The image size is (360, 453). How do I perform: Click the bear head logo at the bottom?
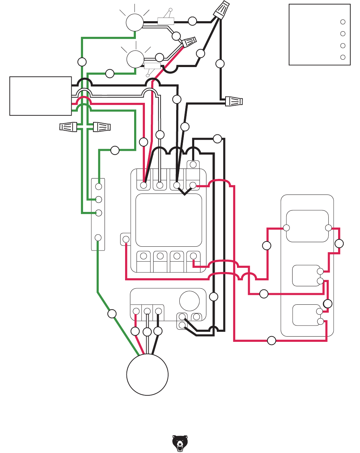pos(180,443)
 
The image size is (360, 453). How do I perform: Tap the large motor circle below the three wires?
pos(147,374)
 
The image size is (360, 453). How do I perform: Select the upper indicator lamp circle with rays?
pos(134,23)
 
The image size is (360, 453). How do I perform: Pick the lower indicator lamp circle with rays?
pos(135,59)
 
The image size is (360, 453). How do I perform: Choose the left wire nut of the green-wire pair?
pos(68,127)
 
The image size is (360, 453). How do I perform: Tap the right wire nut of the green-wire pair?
pos(102,127)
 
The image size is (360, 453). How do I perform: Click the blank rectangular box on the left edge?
pos(41,96)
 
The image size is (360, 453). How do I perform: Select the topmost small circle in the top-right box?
pos(343,22)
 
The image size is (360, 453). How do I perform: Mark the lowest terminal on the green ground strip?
pos(98,238)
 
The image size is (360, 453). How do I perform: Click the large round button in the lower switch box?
pos(189,301)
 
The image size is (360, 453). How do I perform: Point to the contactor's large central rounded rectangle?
pos(169,220)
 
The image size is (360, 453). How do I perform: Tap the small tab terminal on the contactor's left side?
pos(126,239)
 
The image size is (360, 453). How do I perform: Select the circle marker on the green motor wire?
pos(112,314)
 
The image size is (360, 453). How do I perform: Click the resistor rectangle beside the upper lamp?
pos(166,21)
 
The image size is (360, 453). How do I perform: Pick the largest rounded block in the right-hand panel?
pos(307,226)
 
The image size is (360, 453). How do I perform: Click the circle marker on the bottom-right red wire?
pos(271,340)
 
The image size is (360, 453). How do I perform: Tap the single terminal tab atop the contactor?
pos(193,164)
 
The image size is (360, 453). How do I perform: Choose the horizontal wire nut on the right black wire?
pos(234,101)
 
